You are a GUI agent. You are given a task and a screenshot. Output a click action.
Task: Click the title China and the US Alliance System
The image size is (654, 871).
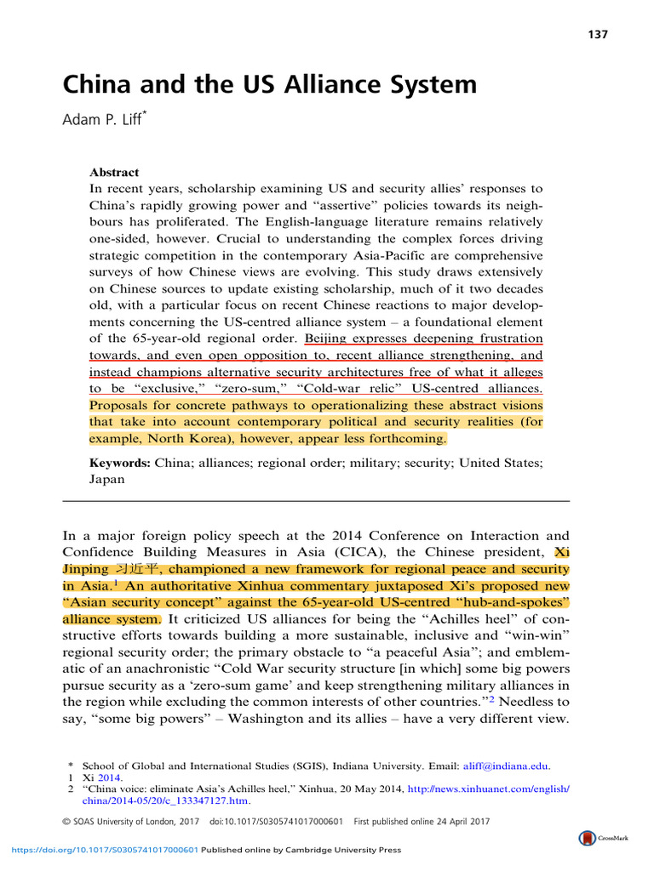270,85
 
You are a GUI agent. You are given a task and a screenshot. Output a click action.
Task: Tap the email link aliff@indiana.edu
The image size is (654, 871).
508,766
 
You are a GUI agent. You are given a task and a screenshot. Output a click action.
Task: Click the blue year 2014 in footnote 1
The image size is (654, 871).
109,777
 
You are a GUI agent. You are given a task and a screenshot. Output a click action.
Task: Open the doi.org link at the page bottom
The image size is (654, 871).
104,849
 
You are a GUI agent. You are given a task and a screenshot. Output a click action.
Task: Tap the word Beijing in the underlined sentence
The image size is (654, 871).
327,339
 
